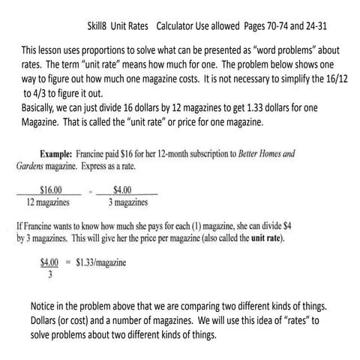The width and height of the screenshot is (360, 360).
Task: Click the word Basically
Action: tap(44, 106)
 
